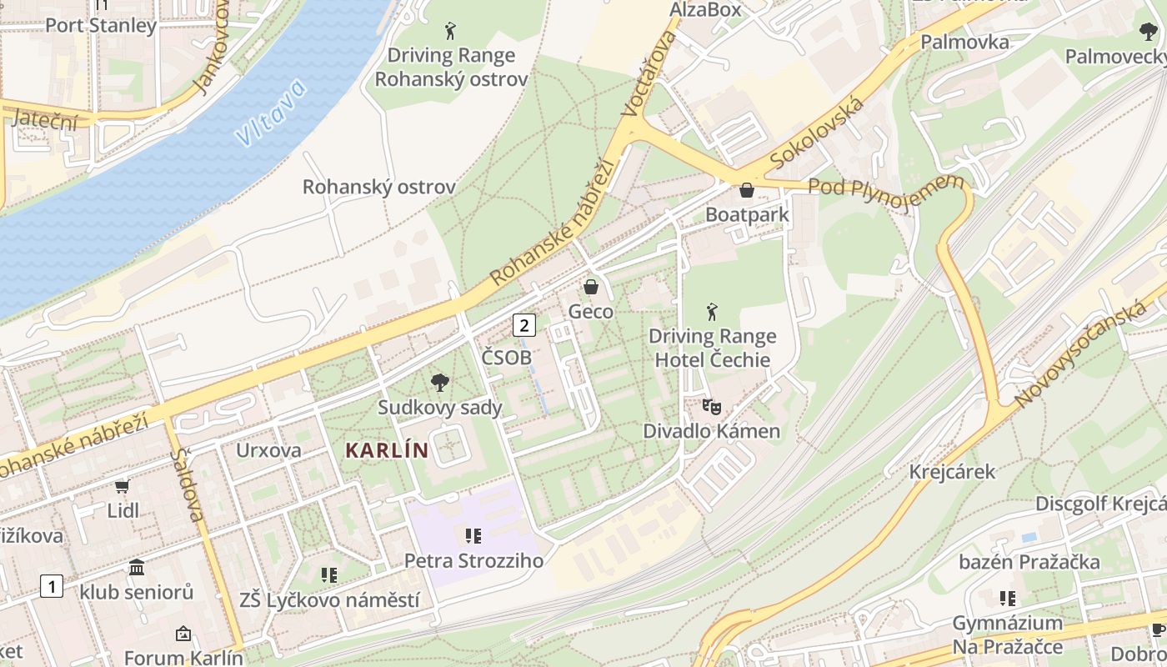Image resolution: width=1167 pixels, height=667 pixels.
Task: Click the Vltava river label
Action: [x=271, y=114]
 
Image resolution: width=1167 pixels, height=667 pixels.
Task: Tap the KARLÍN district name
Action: [x=387, y=451]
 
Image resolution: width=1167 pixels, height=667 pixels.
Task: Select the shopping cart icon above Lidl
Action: [x=123, y=486]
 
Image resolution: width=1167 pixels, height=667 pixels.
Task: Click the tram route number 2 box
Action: [x=523, y=324]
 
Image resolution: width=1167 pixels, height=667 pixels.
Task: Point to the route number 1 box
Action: [x=52, y=586]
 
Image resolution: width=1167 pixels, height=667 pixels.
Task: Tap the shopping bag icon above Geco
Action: [x=591, y=288]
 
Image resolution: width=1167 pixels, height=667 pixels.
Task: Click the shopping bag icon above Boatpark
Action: [x=747, y=191]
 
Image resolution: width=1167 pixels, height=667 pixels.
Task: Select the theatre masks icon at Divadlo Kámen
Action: [x=711, y=407]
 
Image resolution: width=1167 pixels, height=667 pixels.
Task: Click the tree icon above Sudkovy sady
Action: [x=439, y=383]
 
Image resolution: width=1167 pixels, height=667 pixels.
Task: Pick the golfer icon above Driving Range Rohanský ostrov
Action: [x=451, y=32]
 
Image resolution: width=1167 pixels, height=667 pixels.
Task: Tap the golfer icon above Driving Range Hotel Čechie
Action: [x=712, y=313]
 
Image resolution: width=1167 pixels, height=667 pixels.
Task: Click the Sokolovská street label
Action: [x=816, y=132]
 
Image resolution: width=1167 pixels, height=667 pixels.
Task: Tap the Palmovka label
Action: [x=964, y=42]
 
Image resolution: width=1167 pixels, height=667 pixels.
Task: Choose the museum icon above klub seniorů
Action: [x=137, y=568]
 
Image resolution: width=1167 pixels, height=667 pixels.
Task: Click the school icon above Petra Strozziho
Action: [x=473, y=535]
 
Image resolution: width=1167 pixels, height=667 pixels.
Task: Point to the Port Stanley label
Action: [x=101, y=25]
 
